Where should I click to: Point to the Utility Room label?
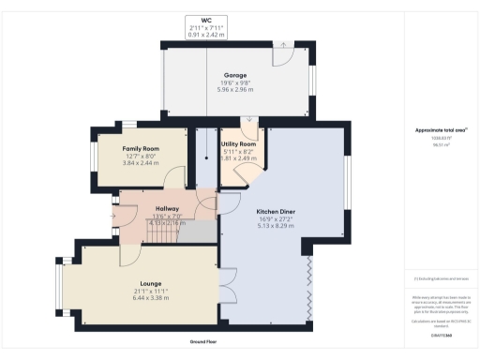[240, 144]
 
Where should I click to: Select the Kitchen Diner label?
[277, 211]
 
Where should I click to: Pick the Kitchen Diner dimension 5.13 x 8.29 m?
[277, 228]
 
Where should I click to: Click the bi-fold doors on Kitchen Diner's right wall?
[308, 286]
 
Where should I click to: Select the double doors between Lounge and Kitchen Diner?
[222, 281]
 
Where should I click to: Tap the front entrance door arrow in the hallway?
[113, 217]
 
